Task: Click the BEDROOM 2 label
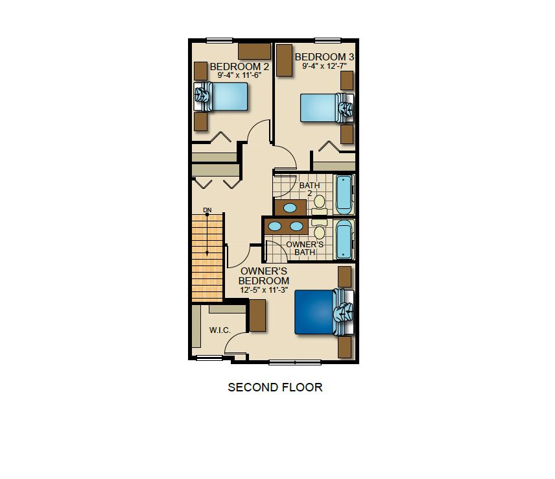(x=239, y=67)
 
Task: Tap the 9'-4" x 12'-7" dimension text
(x=324, y=66)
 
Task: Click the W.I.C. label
(x=220, y=330)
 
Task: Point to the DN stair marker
(x=207, y=210)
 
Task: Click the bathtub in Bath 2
(x=344, y=195)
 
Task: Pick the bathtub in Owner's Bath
(x=344, y=239)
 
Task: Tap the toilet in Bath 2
(x=319, y=204)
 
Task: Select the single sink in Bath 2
(x=290, y=208)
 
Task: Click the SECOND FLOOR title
(x=275, y=387)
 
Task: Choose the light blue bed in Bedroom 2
(x=221, y=96)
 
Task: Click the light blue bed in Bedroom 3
(x=327, y=108)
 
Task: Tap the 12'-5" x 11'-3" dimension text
(x=264, y=290)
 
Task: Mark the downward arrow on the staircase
(x=207, y=234)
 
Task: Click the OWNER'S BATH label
(x=305, y=249)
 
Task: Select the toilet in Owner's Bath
(x=319, y=229)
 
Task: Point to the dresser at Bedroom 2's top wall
(x=254, y=51)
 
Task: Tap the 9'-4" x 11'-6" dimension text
(x=239, y=75)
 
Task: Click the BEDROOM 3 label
(x=324, y=57)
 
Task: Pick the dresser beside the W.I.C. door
(x=257, y=315)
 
